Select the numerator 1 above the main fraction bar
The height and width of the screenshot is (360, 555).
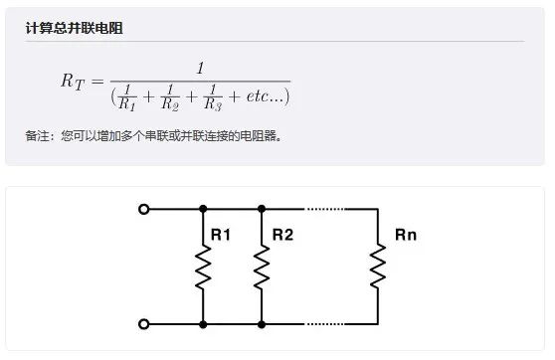[200, 68]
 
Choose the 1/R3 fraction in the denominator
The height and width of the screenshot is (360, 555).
[213, 95]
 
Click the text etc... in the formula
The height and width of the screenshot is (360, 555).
[263, 96]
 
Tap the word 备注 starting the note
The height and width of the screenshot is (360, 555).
[37, 136]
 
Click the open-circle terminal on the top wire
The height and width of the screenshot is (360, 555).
[144, 209]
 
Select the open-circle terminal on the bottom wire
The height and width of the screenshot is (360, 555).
[144, 324]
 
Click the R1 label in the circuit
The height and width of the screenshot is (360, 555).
[221, 236]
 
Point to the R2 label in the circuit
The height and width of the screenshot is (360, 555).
[282, 236]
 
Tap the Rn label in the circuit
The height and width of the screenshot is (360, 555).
[406, 236]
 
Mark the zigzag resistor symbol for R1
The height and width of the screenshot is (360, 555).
[203, 267]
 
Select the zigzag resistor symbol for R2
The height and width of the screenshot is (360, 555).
[262, 267]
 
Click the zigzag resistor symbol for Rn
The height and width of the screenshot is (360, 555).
[378, 267]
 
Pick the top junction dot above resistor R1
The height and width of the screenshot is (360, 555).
[203, 209]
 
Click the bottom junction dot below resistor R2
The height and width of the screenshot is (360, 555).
[262, 324]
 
